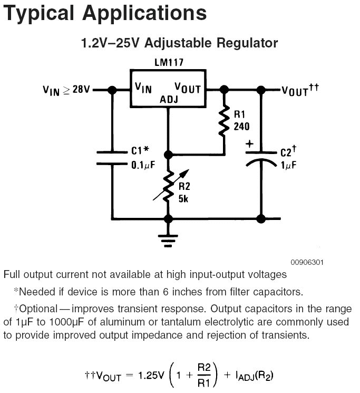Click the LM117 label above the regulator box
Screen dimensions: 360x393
tap(169, 62)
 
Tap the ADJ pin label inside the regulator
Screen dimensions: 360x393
tap(169, 100)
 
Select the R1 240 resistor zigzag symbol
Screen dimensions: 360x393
tap(224, 121)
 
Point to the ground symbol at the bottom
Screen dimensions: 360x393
tap(168, 241)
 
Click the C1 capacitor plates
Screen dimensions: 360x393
tap(112, 158)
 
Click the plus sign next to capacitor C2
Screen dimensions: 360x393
tap(249, 144)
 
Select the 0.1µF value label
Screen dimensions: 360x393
tap(143, 165)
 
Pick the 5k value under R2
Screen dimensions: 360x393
tap(183, 199)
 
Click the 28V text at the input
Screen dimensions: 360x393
tap(81, 89)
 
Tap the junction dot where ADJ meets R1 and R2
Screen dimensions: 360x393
tap(169, 155)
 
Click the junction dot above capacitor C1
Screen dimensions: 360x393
tap(112, 90)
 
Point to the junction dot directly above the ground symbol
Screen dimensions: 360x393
tap(168, 219)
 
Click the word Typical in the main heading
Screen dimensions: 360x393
tap(39, 14)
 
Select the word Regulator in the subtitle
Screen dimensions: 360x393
tap(247, 43)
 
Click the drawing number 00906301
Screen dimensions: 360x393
tap(307, 262)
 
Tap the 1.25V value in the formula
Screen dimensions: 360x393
tap(151, 375)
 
